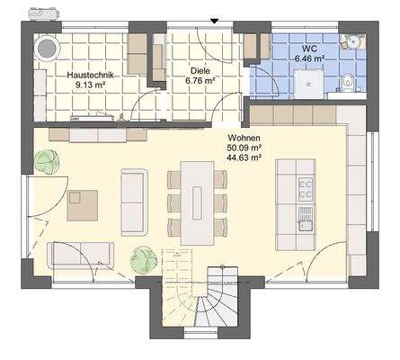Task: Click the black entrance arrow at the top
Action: pos(214,21)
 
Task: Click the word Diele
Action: pos(199,69)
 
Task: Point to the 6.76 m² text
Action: pos(199,80)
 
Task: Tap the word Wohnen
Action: pos(244,137)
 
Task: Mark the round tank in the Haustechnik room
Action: pos(47,47)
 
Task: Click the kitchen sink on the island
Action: pos(305,217)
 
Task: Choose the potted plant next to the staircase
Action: pos(141,259)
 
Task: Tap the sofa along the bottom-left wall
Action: pos(81,254)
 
